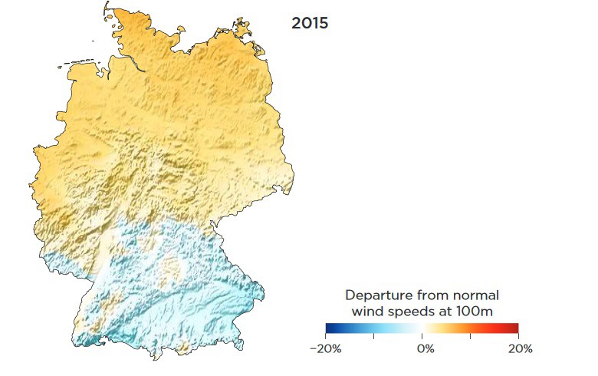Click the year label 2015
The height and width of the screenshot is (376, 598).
point(310,23)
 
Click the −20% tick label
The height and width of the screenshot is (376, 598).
point(325,348)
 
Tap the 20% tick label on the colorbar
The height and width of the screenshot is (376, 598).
point(520,348)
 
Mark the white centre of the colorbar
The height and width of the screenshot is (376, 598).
point(422,328)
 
